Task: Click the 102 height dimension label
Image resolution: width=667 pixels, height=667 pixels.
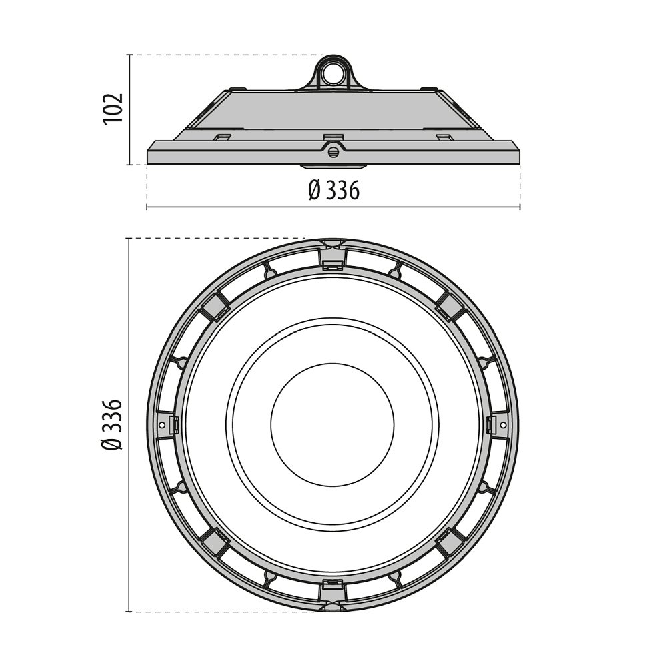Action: point(113,108)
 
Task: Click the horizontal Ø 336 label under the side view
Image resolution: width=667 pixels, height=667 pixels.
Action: point(334,190)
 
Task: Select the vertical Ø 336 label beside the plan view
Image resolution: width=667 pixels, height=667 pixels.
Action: point(113,424)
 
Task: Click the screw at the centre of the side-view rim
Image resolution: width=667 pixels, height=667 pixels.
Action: point(333,150)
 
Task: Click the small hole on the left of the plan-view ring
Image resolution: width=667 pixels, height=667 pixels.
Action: point(161,424)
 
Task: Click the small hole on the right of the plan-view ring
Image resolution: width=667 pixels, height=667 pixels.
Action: point(503,424)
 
